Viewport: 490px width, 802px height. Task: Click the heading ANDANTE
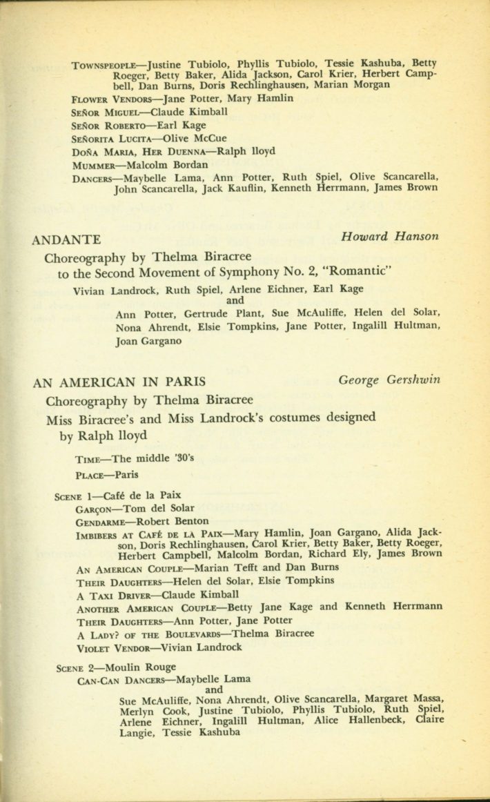tap(67, 240)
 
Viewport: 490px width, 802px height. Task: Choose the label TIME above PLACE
tap(89, 459)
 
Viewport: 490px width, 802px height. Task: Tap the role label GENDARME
tap(104, 522)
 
